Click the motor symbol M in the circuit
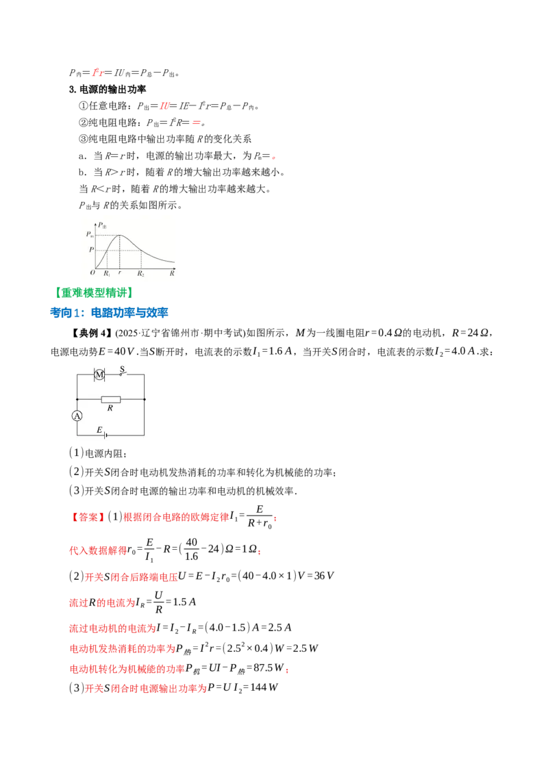pos(99,374)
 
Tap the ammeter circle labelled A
pos(77,416)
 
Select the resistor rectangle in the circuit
pos(110,399)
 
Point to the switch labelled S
pos(122,372)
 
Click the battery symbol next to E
pos(105,435)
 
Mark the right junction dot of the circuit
pos(145,399)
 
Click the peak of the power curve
pos(120,236)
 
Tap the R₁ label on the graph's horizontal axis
pos(107,273)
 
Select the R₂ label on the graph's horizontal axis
pos(141,273)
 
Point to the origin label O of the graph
pos(92,272)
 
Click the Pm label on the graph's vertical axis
pos(90,234)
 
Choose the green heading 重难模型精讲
pos(94,292)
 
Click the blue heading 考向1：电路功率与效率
pos(110,312)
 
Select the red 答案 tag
pos(86,518)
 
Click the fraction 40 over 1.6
pos(191,549)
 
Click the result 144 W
pos(264,687)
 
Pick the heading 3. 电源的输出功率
pos(108,90)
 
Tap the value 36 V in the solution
pos(324,576)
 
